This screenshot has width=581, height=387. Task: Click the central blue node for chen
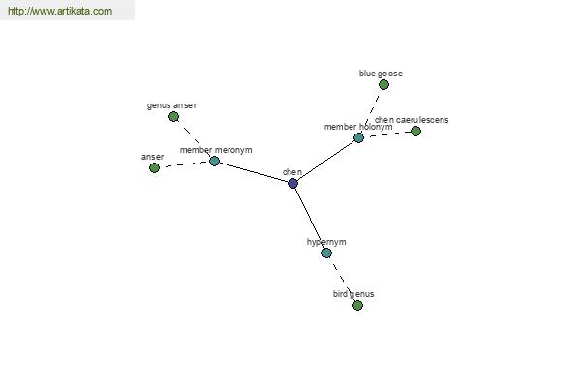tap(292, 183)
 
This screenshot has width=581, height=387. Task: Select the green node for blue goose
tap(383, 85)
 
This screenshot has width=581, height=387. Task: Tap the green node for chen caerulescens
tap(415, 131)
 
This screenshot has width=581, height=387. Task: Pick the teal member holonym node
tap(358, 137)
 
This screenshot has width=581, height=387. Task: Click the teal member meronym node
tap(214, 161)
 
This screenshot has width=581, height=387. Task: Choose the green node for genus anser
tap(173, 116)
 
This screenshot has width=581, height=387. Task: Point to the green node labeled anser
tap(154, 167)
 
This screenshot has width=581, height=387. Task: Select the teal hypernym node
tap(326, 253)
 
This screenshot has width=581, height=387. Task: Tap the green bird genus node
tap(357, 305)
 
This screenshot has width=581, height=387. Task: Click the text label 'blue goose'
tap(381, 73)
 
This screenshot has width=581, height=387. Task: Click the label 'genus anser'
tap(171, 104)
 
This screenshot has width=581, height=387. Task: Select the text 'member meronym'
tap(216, 150)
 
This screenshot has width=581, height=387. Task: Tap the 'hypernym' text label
tap(326, 241)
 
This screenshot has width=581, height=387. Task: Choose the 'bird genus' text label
tap(353, 293)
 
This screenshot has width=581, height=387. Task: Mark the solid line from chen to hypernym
tap(310, 218)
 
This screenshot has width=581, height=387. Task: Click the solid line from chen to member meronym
tap(254, 172)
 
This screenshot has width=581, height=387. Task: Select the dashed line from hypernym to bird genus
tap(342, 279)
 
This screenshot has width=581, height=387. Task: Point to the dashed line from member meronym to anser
tap(184, 164)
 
